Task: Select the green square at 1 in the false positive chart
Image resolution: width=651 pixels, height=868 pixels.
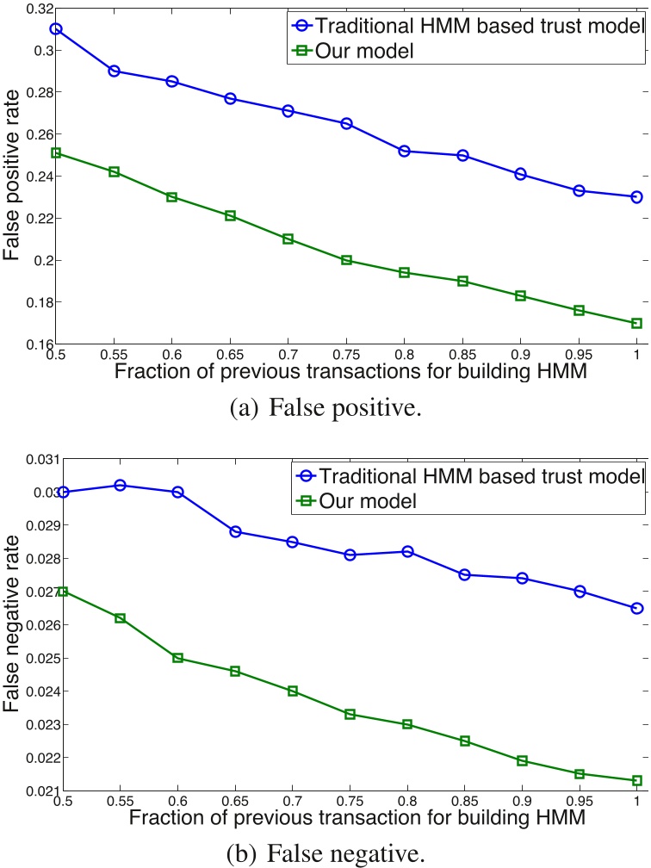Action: point(636,323)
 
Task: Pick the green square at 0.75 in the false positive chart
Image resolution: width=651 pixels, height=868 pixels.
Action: point(346,259)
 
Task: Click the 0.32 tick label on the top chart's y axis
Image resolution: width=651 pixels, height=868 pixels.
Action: point(36,9)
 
